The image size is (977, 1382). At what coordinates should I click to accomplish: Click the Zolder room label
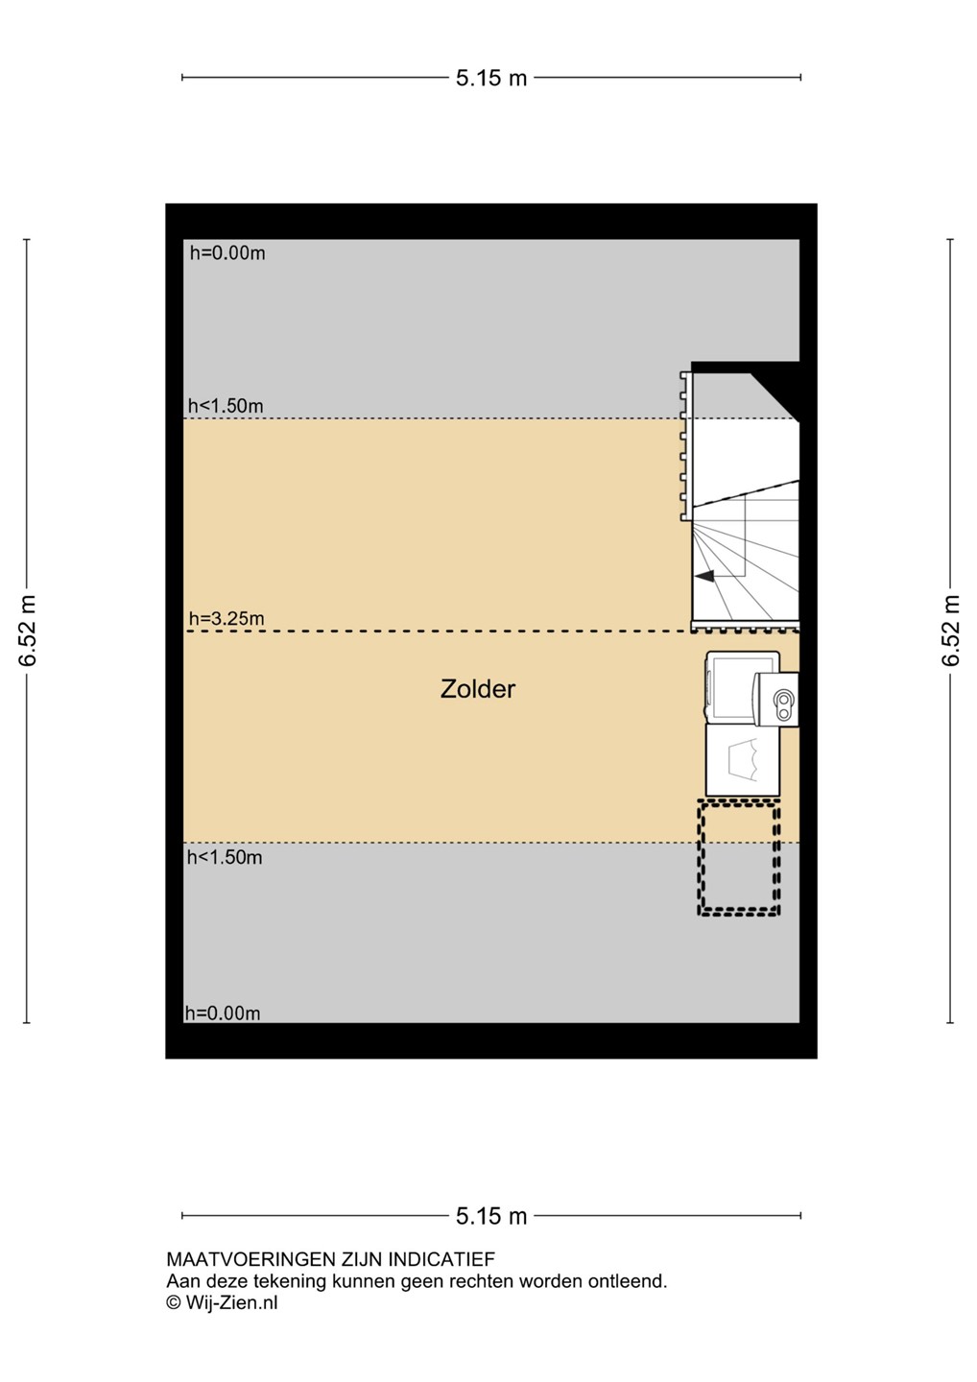coord(477,689)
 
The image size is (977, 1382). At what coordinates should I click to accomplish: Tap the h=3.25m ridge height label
coord(226,618)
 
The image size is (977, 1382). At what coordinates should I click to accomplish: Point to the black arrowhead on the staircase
coord(704,576)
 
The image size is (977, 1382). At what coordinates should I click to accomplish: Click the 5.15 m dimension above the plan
coord(491,78)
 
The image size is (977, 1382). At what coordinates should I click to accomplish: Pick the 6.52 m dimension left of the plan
coord(28,631)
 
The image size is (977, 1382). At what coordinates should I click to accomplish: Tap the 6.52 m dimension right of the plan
coord(950,631)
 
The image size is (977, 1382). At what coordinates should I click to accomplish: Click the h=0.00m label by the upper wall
coord(227,253)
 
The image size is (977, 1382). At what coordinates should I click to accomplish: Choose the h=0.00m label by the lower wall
coord(223,1013)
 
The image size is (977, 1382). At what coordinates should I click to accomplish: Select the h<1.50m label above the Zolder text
coord(226,406)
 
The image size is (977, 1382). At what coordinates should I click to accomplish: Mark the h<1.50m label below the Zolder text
coord(225,857)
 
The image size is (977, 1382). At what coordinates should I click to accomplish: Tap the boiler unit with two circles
coord(777,700)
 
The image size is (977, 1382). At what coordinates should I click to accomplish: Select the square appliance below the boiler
coord(743,760)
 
